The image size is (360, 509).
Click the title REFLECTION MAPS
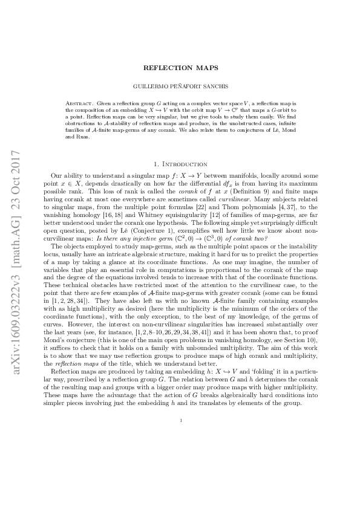180,68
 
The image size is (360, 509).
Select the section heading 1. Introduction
180,164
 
